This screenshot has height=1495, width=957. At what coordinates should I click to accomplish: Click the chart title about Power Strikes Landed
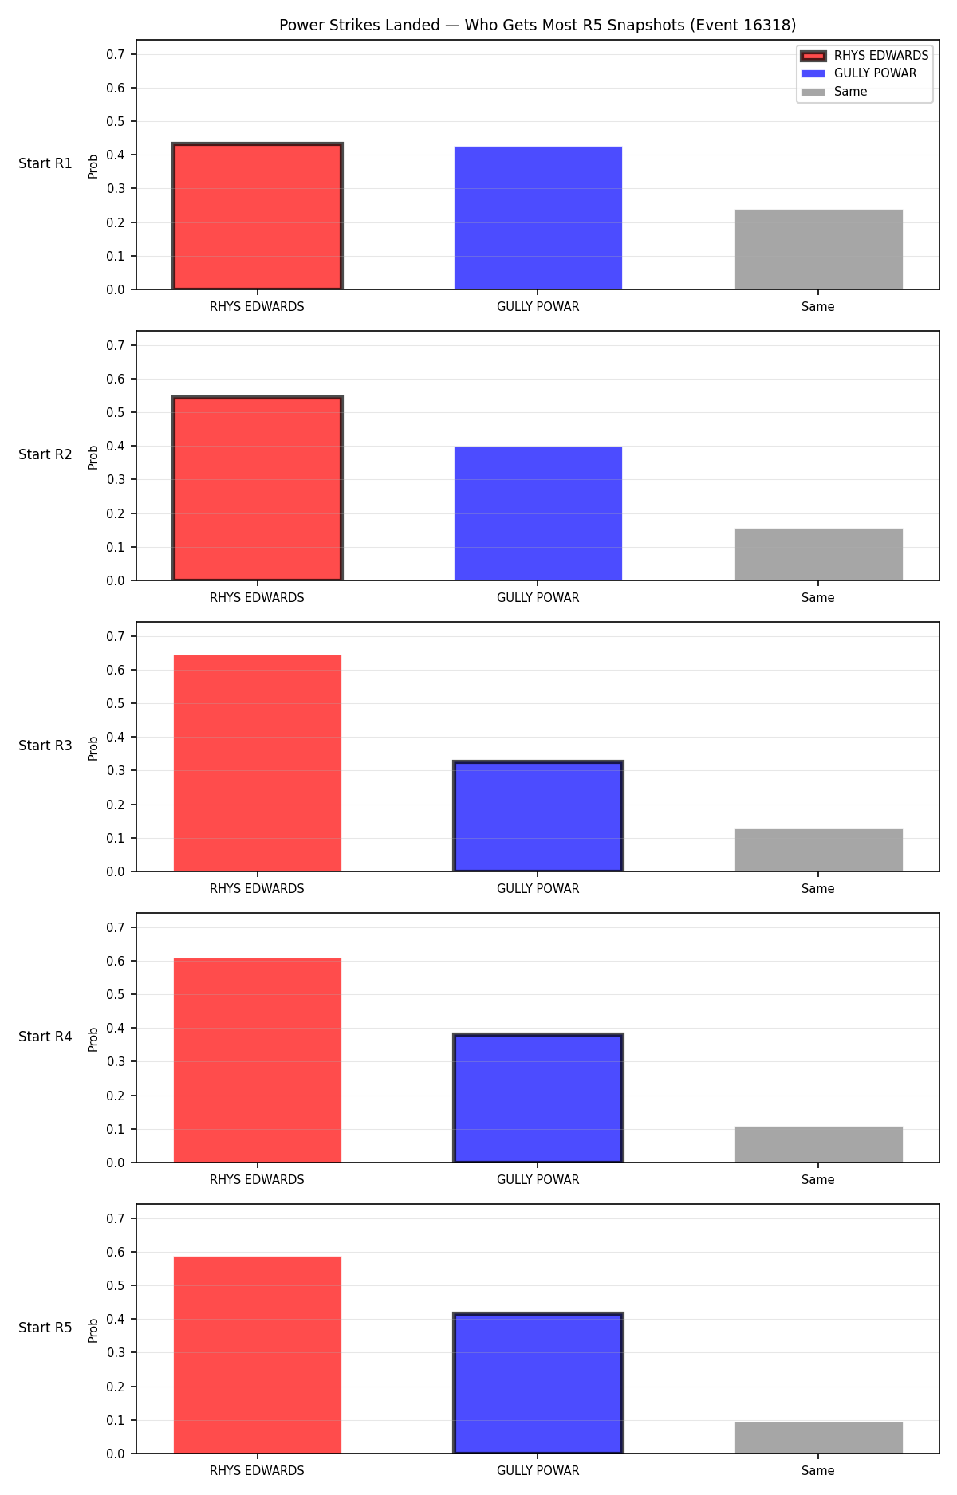click(538, 25)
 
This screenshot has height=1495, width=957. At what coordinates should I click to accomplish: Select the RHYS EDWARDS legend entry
click(864, 56)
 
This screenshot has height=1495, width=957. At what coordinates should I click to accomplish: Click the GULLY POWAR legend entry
click(859, 73)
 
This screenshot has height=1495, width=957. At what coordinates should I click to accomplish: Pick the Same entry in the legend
click(834, 92)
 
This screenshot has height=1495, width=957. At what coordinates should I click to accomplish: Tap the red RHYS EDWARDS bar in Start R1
click(258, 216)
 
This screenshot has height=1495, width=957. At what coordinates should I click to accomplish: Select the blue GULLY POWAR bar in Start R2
click(538, 513)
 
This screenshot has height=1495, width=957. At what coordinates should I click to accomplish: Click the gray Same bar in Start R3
click(819, 850)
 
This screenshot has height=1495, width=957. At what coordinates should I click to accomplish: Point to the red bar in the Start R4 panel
click(258, 1060)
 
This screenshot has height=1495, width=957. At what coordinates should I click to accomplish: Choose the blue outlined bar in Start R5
click(538, 1383)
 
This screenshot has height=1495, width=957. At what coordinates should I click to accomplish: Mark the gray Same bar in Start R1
click(819, 250)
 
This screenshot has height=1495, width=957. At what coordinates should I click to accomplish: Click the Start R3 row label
click(45, 746)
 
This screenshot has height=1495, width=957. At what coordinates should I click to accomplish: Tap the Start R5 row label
click(45, 1328)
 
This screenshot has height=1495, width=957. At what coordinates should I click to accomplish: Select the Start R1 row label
click(45, 163)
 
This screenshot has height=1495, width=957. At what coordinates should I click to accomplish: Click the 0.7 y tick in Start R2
click(116, 345)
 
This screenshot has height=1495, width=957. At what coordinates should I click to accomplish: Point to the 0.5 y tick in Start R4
click(116, 994)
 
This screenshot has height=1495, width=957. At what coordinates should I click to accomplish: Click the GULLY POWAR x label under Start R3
click(538, 888)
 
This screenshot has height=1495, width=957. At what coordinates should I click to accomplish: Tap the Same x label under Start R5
click(818, 1470)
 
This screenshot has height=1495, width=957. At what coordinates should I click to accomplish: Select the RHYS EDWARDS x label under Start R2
click(257, 597)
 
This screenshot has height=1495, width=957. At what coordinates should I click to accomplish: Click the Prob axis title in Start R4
click(93, 1039)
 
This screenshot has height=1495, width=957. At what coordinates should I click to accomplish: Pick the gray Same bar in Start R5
click(819, 1438)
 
